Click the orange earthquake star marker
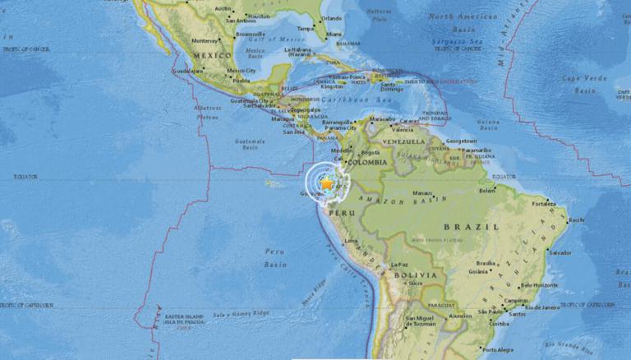[327, 185]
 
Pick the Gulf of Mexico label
[257, 39]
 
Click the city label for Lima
[352, 241]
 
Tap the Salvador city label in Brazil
[561, 252]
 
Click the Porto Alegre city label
[498, 348]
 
